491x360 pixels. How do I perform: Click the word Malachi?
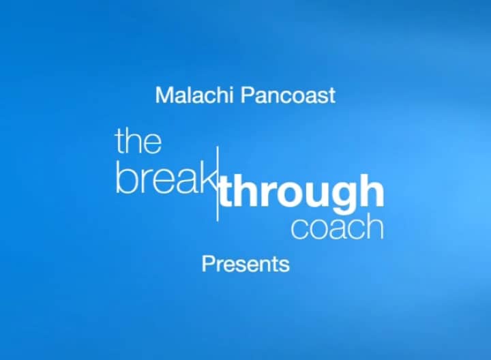pos(194,95)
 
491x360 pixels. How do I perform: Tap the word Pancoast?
pos(288,95)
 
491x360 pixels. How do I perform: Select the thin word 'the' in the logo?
pos(138,141)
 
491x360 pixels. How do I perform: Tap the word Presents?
pos(245,265)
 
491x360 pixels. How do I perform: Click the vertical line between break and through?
pos(218,183)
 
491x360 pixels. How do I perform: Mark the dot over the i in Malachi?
pos(231,88)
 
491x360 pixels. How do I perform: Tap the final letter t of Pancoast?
pos(331,95)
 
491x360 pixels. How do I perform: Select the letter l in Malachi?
pos(188,95)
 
